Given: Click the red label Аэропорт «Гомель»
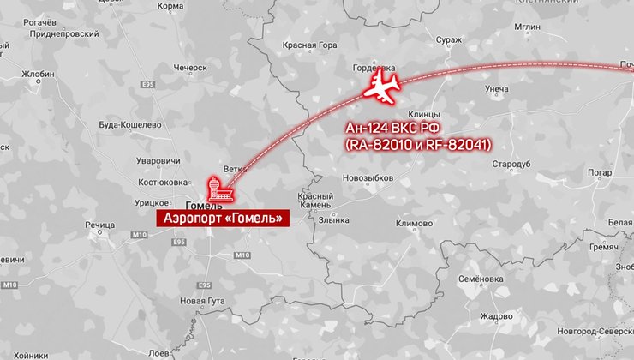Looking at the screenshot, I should point(222,219).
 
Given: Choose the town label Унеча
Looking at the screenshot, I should point(496,89).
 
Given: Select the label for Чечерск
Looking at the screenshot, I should point(190,67).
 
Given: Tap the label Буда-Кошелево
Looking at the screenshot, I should point(130,124).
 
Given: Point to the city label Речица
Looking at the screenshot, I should point(99,225).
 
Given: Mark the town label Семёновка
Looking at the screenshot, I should point(480,279).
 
